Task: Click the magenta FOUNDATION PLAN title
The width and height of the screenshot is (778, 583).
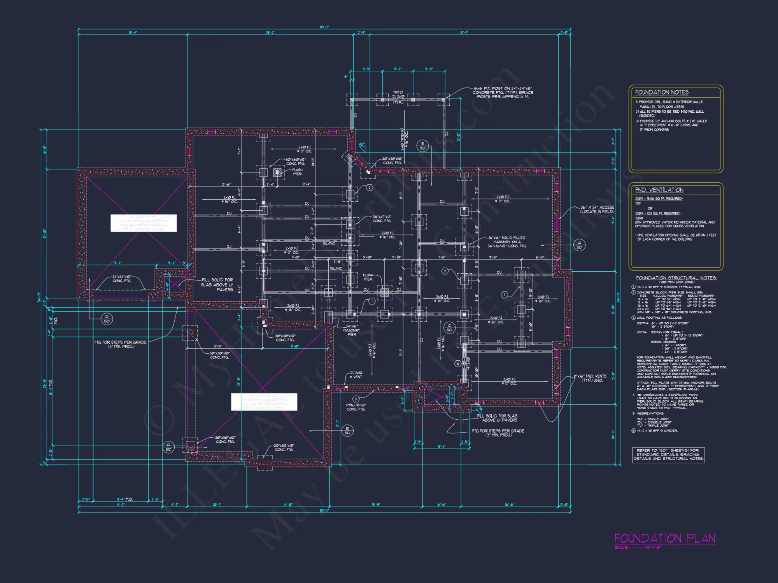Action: (664, 538)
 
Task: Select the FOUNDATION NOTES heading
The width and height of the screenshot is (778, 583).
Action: (661, 93)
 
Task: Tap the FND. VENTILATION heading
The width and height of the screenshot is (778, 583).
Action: (659, 190)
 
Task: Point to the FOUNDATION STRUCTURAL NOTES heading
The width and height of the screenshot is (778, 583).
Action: (676, 278)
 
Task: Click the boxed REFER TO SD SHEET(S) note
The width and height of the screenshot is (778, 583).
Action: (668, 455)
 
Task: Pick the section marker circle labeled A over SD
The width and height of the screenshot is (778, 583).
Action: (579, 245)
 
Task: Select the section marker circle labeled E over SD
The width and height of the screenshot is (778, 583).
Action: (422, 146)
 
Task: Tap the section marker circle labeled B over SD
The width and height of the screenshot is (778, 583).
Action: (347, 431)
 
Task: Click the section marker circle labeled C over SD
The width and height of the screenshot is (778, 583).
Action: (449, 328)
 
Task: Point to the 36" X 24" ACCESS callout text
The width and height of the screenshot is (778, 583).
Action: (597, 209)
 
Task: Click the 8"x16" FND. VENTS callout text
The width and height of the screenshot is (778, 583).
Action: (590, 378)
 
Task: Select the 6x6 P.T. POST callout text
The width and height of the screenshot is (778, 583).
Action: (503, 93)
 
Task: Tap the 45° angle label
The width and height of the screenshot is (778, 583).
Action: (362, 145)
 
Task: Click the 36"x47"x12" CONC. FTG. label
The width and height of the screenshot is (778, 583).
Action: (382, 219)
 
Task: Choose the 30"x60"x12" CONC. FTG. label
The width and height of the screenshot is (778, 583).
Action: (296, 161)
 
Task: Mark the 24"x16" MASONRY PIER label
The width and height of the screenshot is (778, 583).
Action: (352, 330)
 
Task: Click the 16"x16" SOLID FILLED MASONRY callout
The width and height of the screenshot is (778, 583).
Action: (507, 242)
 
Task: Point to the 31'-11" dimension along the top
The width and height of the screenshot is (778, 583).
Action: (464, 33)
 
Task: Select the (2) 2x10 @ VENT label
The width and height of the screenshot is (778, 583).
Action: (356, 375)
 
